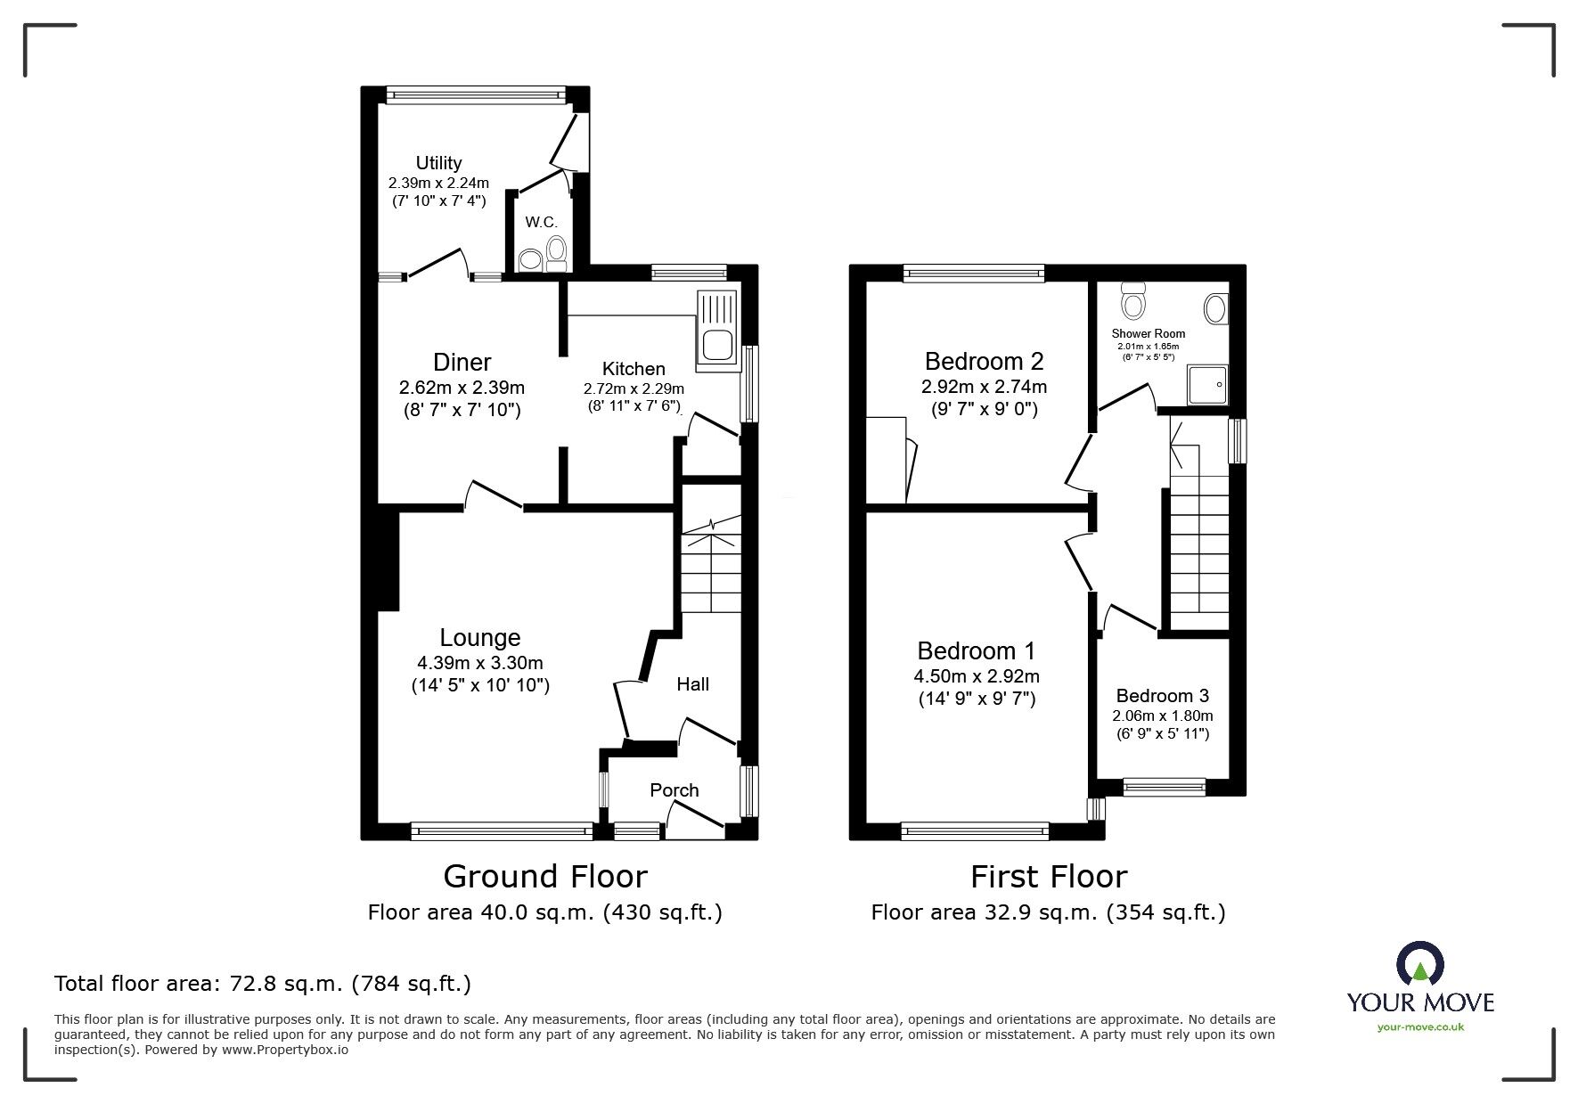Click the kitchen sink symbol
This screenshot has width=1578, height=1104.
717,329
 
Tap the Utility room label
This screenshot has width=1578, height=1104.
438,163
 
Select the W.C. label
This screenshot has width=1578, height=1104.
540,222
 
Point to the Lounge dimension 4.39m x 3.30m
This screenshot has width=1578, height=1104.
479,663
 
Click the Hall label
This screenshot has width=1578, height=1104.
692,684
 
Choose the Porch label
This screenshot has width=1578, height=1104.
674,790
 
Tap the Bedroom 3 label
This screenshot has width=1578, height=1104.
1162,696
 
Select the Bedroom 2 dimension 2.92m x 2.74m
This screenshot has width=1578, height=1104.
984,387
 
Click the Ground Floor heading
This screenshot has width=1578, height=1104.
544,877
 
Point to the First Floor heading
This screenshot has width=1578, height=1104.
1048,877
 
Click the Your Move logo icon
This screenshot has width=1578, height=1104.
1419,968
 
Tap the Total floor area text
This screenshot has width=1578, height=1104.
263,984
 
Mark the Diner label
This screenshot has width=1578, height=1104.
462,362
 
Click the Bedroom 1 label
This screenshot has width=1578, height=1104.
977,650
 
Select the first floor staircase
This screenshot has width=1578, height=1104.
1198,544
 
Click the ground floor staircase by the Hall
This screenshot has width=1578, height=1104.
710,570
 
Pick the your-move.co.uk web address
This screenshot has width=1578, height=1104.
1420,1027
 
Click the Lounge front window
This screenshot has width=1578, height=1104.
503,830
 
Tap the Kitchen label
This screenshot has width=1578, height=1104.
634,369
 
